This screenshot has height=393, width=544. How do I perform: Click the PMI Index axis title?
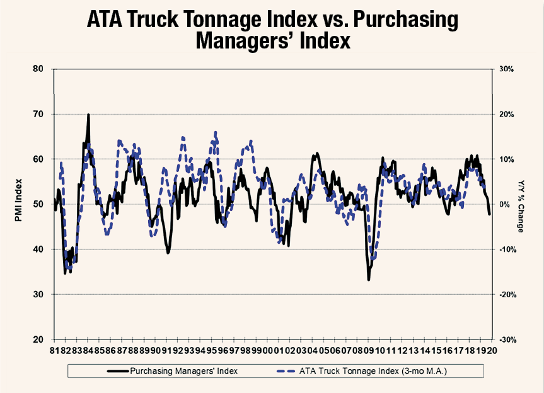click(x=20, y=204)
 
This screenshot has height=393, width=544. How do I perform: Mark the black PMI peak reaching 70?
click(x=88, y=115)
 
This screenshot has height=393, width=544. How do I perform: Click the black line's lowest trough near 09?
click(x=369, y=279)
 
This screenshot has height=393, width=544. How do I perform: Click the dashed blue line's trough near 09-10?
click(x=373, y=258)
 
